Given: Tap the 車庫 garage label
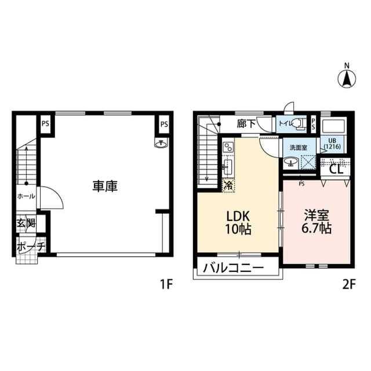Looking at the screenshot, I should pos(105,187).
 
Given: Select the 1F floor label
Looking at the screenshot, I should pos(167,285).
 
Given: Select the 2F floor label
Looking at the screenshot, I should pos(347,285).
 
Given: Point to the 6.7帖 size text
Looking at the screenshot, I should pos(317,228).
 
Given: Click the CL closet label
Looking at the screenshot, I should pos(336,170).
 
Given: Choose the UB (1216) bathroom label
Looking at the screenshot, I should pos(332,144).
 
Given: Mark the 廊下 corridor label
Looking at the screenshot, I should pos(246,123).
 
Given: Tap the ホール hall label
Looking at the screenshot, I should pos(26,196).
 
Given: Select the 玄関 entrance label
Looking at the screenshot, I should pos(26,223).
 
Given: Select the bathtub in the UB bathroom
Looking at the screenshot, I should pos(333,127).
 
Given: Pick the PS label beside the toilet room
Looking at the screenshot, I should pos(314,123).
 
